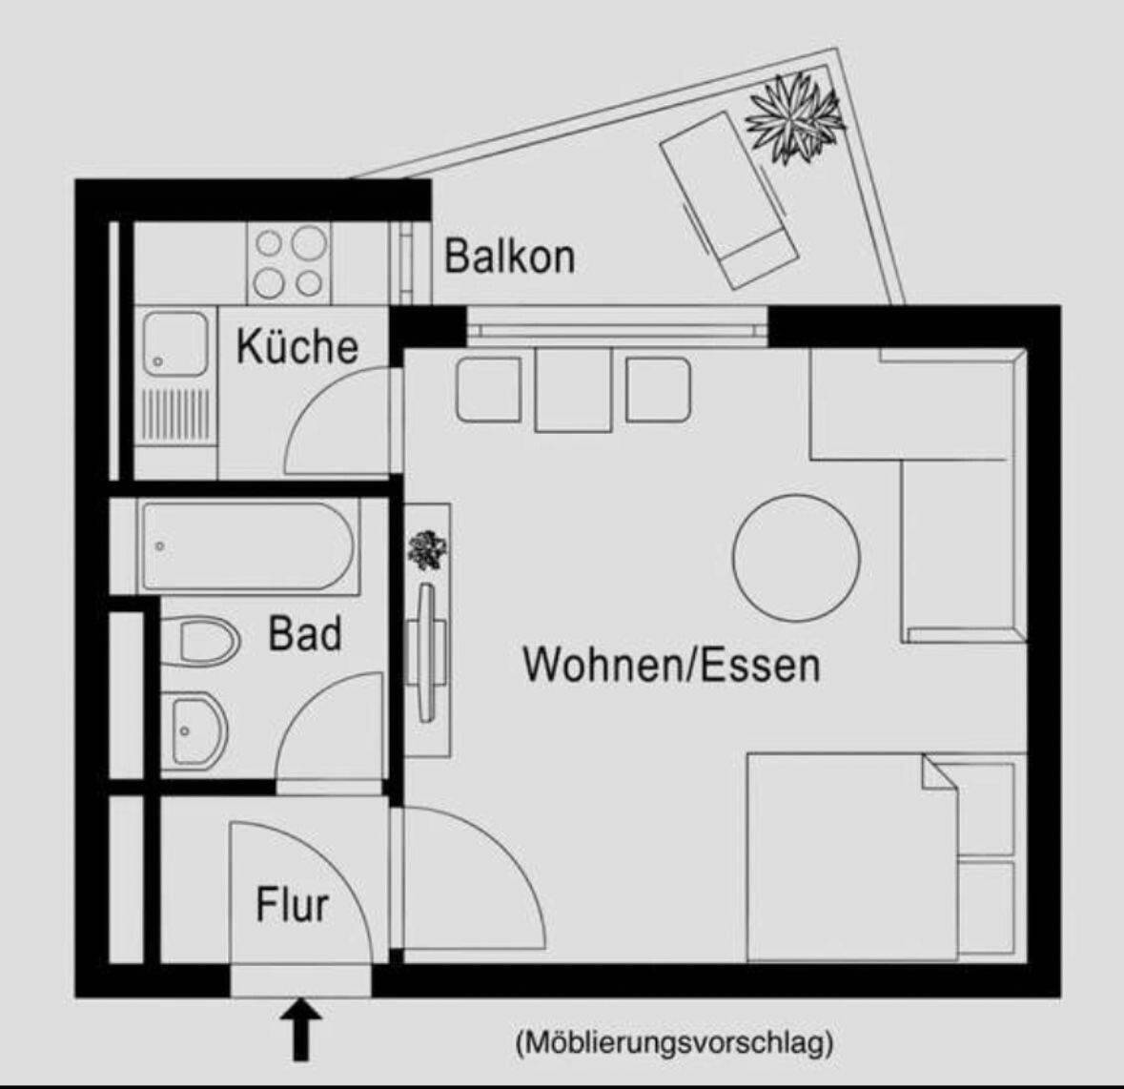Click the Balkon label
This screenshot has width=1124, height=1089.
510,257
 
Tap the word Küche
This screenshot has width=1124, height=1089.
297,345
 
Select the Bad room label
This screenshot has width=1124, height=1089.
305,633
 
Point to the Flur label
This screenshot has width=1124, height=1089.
292,904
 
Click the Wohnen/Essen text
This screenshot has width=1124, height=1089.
671,664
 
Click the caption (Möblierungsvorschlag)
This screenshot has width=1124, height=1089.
674,1043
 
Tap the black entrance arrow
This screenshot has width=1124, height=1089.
301,1028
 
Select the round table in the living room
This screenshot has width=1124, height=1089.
796,557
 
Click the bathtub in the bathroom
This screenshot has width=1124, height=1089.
247,546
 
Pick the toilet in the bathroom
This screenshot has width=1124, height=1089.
202,640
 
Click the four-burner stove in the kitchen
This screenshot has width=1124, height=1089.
290,262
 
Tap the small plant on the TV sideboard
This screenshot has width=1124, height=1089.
428,549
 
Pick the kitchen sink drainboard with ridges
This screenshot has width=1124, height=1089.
174,416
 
